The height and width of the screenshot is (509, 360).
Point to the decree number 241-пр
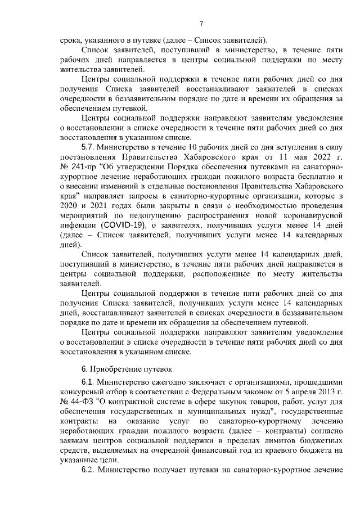[87, 169]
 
